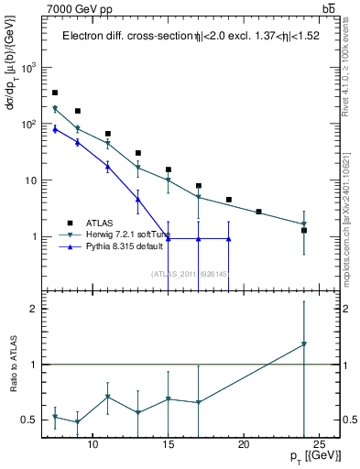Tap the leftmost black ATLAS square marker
[x=55, y=93]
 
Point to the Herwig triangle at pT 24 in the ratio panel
[x=304, y=344]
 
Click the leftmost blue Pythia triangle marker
[x=55, y=129]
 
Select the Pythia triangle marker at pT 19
[x=228, y=239]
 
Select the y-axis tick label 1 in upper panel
[x=35, y=237]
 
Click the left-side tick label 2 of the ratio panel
[x=34, y=309]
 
